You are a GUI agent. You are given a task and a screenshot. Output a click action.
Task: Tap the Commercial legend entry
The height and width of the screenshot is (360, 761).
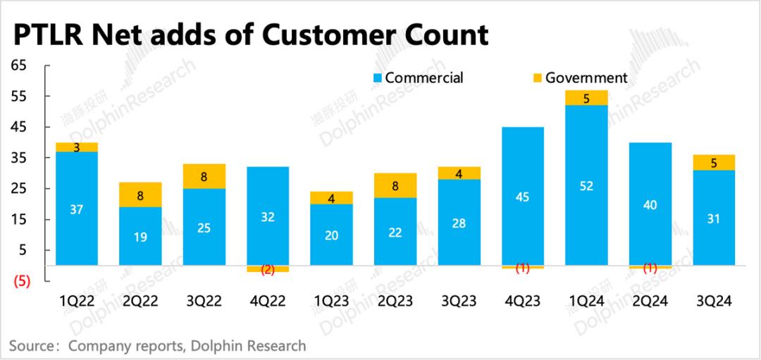[x=419, y=77]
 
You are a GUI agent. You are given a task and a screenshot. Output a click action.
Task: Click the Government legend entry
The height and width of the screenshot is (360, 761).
[x=579, y=77]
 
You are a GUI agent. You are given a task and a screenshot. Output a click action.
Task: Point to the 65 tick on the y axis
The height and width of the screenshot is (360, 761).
[x=18, y=66]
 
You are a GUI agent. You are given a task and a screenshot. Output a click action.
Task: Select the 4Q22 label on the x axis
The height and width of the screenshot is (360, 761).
[x=268, y=302]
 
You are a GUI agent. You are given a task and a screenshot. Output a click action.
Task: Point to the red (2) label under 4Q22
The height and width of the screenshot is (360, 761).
[x=268, y=269]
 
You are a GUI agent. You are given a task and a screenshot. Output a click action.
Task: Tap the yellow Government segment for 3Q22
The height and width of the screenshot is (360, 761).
[x=204, y=176]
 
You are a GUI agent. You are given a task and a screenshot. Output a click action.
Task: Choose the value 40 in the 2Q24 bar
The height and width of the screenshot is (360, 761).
[x=651, y=204]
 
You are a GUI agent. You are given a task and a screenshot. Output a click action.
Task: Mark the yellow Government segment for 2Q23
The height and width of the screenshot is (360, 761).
[x=395, y=185]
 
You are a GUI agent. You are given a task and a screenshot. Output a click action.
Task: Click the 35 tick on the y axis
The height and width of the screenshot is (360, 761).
[x=18, y=158]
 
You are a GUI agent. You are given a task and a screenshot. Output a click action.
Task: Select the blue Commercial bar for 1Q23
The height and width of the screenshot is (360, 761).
[x=332, y=235]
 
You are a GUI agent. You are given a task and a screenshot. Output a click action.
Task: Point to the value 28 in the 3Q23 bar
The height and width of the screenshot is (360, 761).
[x=459, y=223]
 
